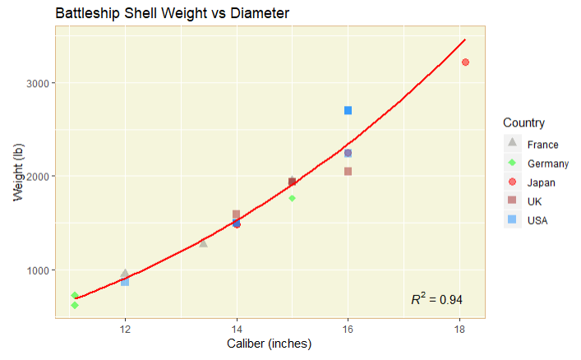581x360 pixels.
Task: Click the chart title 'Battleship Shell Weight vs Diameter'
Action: tap(172, 13)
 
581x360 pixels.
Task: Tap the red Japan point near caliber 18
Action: tap(465, 62)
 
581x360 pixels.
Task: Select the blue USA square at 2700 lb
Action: tap(348, 110)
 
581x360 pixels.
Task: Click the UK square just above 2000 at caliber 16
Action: tap(348, 171)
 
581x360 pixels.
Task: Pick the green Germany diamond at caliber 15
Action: tap(292, 198)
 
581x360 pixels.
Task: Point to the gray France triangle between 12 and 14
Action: tap(203, 242)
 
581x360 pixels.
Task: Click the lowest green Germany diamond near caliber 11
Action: tap(75, 305)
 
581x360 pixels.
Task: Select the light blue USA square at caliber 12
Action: tap(125, 281)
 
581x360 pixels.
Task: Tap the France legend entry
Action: tap(542, 145)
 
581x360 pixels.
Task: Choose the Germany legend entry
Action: tap(547, 164)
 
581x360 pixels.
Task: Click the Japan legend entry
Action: tap(541, 182)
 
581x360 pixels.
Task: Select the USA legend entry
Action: tap(537, 220)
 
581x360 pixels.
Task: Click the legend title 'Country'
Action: tap(523, 123)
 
